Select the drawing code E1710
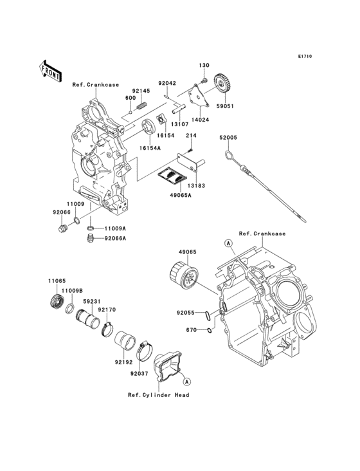coord(304,57)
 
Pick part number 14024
coord(199,120)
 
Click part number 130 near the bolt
coord(204,66)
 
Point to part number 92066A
coord(116,239)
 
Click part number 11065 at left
coord(56,281)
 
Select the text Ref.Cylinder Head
coord(158,394)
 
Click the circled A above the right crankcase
coord(228,243)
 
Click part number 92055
coord(186,314)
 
